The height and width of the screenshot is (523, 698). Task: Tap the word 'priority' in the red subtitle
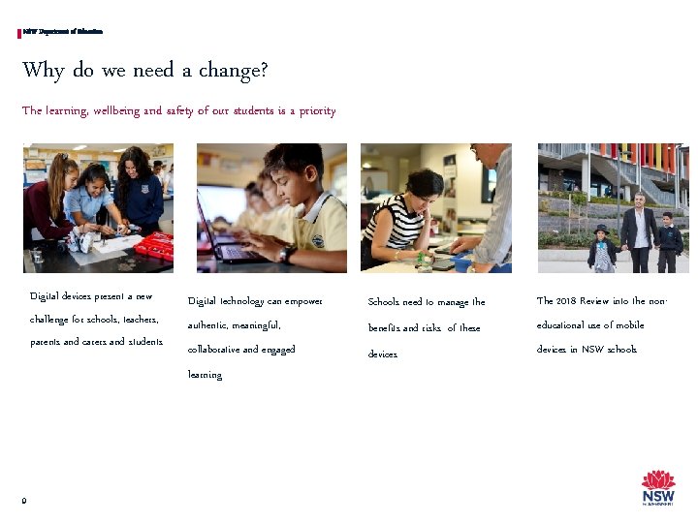317,111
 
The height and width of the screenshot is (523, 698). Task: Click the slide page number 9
24,500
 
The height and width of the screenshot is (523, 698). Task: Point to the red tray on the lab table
154,246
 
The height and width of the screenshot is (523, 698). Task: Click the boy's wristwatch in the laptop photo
286,255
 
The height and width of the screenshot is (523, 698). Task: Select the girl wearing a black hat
602,248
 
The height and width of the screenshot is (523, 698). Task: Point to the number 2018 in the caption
567,301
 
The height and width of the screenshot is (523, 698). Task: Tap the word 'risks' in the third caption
431,328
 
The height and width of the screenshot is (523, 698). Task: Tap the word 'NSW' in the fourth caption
592,350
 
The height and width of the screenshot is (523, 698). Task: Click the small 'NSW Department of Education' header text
63,33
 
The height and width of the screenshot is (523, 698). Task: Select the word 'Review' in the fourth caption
601,301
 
